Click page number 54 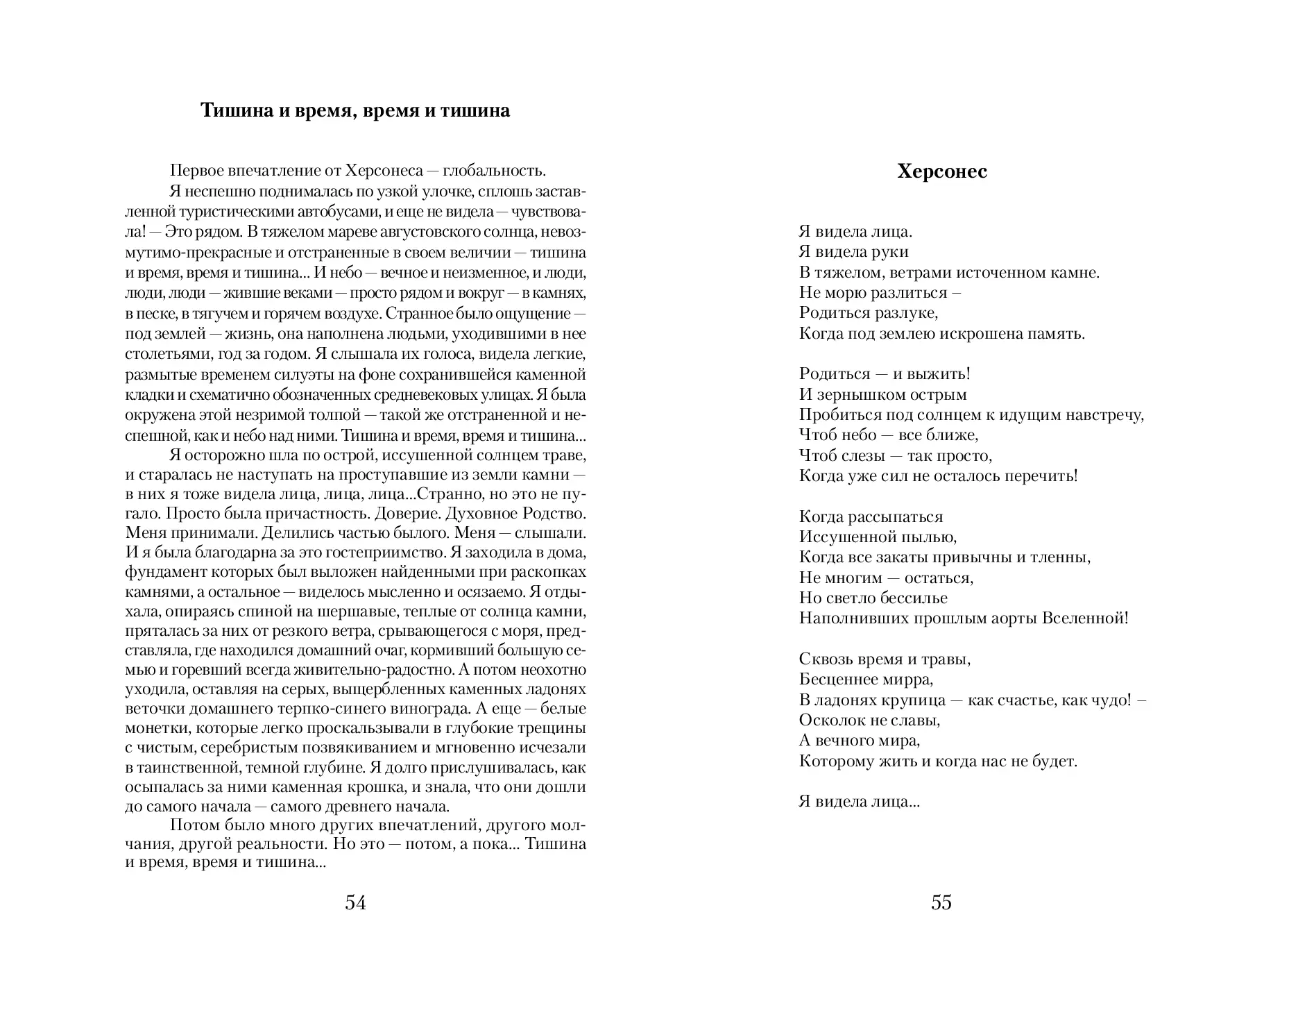tap(355, 902)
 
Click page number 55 tap(941, 902)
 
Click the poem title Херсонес tap(941, 171)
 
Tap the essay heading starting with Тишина tap(355, 110)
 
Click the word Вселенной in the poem tap(1085, 618)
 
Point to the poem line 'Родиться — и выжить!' tap(885, 373)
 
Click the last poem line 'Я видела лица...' tap(859, 801)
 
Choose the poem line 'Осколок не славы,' tap(869, 720)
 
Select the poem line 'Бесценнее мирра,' tap(866, 679)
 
